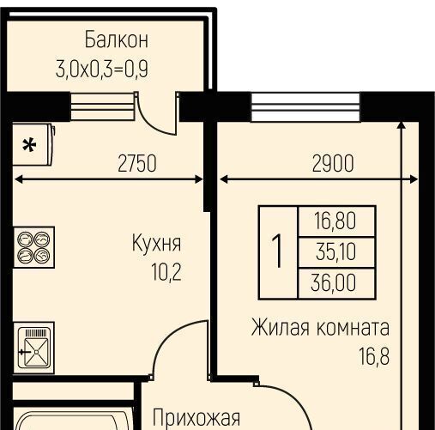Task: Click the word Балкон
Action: pyautogui.click(x=117, y=39)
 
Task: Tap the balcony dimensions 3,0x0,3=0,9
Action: pyautogui.click(x=102, y=69)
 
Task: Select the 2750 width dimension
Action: pyautogui.click(x=137, y=163)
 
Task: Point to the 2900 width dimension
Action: pyautogui.click(x=333, y=163)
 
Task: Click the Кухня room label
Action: pyautogui.click(x=156, y=243)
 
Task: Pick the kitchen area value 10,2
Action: pyautogui.click(x=166, y=272)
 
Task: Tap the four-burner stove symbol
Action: pyautogui.click(x=34, y=247)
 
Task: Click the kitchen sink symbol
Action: pyautogui.click(x=34, y=348)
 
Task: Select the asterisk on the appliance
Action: pyautogui.click(x=29, y=145)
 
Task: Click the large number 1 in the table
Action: pyautogui.click(x=277, y=251)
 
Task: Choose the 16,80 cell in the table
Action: pyautogui.click(x=335, y=221)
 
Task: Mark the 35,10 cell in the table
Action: pyautogui.click(x=335, y=252)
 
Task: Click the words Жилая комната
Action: pyautogui.click(x=320, y=328)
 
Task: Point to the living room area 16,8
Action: pyautogui.click(x=374, y=356)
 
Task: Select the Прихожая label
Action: pyautogui.click(x=196, y=418)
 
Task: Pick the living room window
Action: pyautogui.click(x=305, y=107)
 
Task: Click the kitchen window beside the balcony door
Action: pyautogui.click(x=102, y=106)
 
